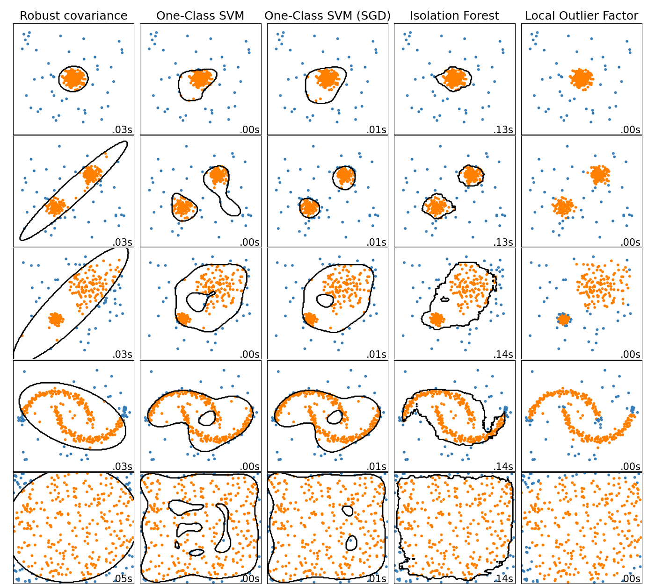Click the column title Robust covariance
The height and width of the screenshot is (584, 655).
pos(73,16)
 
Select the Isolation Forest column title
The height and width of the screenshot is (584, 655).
pos(454,16)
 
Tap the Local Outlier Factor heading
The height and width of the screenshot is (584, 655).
pos(581,16)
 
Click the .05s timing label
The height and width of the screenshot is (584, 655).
pos(123,578)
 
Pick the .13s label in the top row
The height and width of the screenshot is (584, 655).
pos(503,130)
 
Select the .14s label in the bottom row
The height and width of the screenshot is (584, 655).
pos(503,578)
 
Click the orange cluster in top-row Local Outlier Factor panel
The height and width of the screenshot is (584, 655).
pos(581,78)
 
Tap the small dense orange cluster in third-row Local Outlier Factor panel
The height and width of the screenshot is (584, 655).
pos(564,320)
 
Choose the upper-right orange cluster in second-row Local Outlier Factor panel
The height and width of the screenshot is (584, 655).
pos(598,174)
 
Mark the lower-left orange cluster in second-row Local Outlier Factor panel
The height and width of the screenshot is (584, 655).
pos(563,206)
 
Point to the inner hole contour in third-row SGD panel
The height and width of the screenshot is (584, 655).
pos(324,300)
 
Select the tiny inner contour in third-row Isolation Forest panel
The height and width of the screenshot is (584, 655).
pos(444,299)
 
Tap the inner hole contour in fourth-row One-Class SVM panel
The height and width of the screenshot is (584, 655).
pos(207,418)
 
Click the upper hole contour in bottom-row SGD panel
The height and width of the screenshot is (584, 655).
pos(348,511)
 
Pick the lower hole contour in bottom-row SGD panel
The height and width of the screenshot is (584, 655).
pos(351,542)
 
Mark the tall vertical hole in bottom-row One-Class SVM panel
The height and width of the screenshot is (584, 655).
pos(223,528)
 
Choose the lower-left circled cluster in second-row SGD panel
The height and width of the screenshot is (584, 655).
pos(309,207)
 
